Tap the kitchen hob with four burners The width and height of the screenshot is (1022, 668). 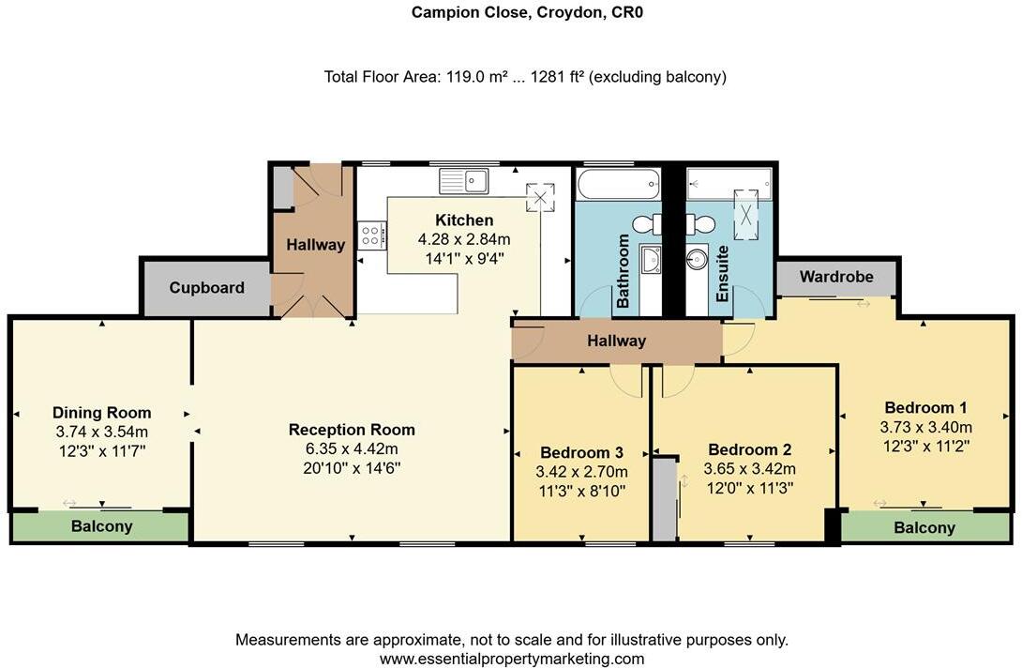click(x=368, y=235)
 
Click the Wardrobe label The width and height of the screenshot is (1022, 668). click(x=835, y=277)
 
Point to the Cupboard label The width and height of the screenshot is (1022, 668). click(x=206, y=288)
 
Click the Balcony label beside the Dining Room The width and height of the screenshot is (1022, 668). click(x=101, y=526)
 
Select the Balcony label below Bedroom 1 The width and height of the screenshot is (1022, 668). click(x=924, y=527)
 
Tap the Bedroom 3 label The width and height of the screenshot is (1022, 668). click(x=581, y=450)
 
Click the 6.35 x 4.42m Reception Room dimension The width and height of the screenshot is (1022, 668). click(x=352, y=448)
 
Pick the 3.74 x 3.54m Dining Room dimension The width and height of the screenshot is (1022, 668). click(x=101, y=432)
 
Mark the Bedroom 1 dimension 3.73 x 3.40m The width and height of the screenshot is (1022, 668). click(x=925, y=427)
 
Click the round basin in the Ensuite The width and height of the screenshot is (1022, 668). click(x=697, y=259)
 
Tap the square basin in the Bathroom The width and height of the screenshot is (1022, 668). click(x=651, y=260)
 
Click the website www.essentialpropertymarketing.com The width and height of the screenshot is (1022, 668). click(x=511, y=659)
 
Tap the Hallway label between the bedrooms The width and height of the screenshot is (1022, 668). click(x=616, y=341)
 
